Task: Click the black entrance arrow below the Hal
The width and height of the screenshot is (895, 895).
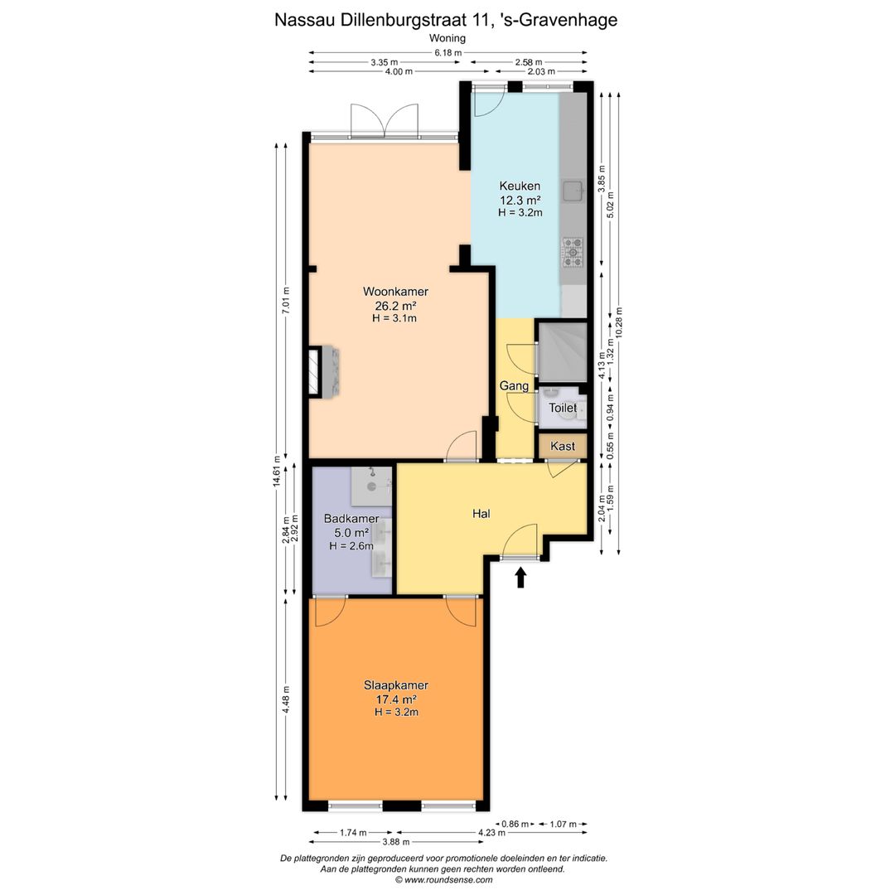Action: tap(520, 577)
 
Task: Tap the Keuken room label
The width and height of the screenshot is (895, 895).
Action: tap(520, 186)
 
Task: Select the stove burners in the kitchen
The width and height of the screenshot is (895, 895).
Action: tap(573, 253)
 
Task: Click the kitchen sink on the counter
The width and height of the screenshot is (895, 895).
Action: tap(573, 191)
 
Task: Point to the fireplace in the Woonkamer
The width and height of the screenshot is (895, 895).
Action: tap(324, 371)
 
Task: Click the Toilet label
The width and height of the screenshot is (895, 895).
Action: tap(562, 408)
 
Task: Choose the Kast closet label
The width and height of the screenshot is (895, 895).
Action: tap(562, 447)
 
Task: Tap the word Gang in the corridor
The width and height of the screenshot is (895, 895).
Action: tap(514, 386)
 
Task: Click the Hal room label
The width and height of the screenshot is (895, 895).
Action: tap(481, 514)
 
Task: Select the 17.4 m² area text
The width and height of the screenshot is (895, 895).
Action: tap(395, 699)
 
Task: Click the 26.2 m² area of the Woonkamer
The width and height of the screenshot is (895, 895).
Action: tap(395, 305)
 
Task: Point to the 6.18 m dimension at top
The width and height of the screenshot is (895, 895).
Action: tap(448, 52)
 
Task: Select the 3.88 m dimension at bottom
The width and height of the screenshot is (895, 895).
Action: tap(396, 842)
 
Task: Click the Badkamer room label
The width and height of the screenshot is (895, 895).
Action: tap(351, 519)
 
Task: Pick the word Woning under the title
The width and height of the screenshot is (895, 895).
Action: tap(447, 38)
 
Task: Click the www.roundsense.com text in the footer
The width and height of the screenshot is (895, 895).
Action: tap(448, 879)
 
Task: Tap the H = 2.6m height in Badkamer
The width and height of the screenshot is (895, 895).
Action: tap(351, 546)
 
